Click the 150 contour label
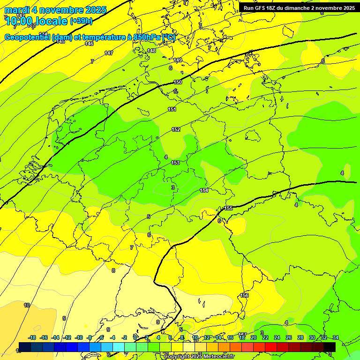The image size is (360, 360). point(178,82)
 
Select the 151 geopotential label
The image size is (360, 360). point(172,109)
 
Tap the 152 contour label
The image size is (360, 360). point(176,129)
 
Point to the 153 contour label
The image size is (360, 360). point(175,163)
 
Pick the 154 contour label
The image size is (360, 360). point(204,190)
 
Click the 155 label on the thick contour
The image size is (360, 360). point(228,208)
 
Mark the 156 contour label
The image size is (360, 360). point(244,295)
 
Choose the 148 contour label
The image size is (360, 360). point(151,51)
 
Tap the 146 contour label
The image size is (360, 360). point(89,44)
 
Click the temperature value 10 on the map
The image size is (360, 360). point(27,305)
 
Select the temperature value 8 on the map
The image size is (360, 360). point(113,270)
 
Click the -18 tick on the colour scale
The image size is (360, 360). point(32,337)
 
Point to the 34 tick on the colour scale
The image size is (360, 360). point(335,337)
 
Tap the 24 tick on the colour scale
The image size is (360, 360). point(277,337)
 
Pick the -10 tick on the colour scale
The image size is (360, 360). point(79,337)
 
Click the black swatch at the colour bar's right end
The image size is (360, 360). point(329,347)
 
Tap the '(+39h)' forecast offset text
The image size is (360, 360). point(81,21)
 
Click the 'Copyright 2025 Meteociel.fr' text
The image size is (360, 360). point(199,357)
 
